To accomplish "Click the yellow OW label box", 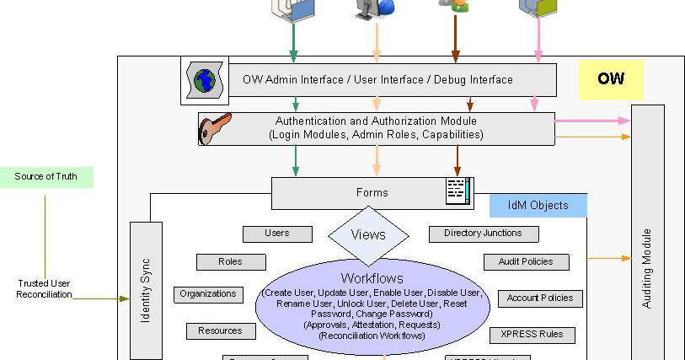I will click(x=610, y=79).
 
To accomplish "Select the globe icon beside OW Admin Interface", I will click(x=205, y=80).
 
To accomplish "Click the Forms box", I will click(x=372, y=192).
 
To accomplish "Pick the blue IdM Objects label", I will click(x=538, y=205).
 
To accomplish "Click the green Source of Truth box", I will click(x=46, y=177).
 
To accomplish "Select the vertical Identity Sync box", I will click(x=145, y=287).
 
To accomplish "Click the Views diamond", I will click(x=368, y=235).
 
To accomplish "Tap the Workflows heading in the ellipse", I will click(x=372, y=277).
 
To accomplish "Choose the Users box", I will click(x=276, y=234).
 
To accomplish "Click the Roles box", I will click(x=230, y=262).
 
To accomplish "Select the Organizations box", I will click(x=207, y=294).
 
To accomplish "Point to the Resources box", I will click(x=220, y=331).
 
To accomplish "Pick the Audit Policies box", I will click(x=526, y=262).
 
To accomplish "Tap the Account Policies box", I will click(x=539, y=298).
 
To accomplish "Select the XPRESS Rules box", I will click(x=532, y=335).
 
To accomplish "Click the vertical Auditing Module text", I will click(x=647, y=268).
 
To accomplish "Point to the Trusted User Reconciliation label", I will click(x=45, y=288).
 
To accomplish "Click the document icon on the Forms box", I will click(x=458, y=191).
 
